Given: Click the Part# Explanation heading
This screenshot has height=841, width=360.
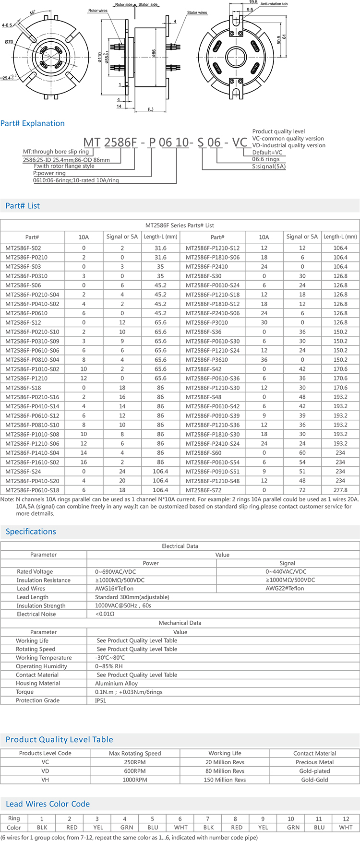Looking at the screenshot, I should point(33,123).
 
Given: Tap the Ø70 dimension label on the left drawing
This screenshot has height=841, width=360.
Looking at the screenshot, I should point(9,42).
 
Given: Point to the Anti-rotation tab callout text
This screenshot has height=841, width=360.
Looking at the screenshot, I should point(274,4).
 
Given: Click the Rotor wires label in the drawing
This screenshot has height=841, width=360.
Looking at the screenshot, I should point(98,11).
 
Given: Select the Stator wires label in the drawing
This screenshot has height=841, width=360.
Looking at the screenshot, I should point(197,12).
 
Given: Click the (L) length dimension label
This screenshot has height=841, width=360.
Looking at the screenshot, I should point(150,109).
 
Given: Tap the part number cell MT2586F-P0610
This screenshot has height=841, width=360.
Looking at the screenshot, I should point(26,313).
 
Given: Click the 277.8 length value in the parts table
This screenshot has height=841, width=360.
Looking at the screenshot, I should point(340,490).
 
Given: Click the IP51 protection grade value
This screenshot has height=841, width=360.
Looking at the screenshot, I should point(101,700).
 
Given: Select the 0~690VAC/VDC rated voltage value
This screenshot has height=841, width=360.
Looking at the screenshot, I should point(115,572).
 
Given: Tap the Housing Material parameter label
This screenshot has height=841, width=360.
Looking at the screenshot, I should point(38,683).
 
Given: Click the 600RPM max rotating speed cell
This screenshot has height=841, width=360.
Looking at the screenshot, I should point(135,771).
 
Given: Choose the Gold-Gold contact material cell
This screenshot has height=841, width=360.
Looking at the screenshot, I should point(314,780).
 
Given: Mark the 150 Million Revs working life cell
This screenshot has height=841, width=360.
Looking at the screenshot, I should point(225,780).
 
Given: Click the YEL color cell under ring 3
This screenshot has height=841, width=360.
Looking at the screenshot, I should point(97,828).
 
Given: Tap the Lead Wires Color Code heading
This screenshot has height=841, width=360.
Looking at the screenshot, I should point(48,804).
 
